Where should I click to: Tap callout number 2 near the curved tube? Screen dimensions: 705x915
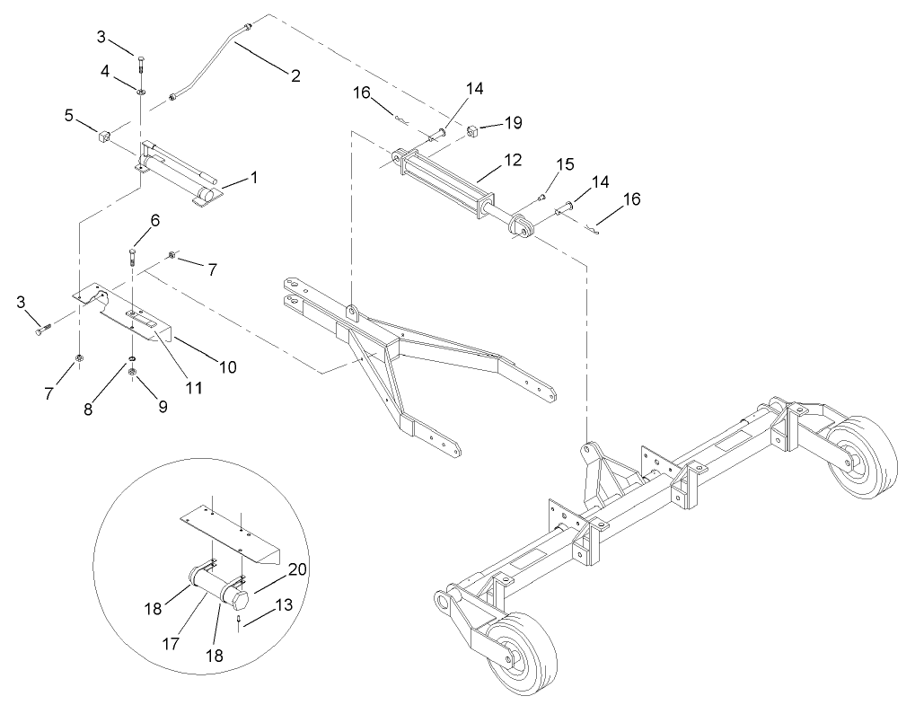point(295,75)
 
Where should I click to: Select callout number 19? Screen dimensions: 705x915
point(513,121)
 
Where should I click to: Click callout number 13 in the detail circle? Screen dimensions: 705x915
point(284,606)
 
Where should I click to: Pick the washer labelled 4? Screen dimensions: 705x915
point(141,91)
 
